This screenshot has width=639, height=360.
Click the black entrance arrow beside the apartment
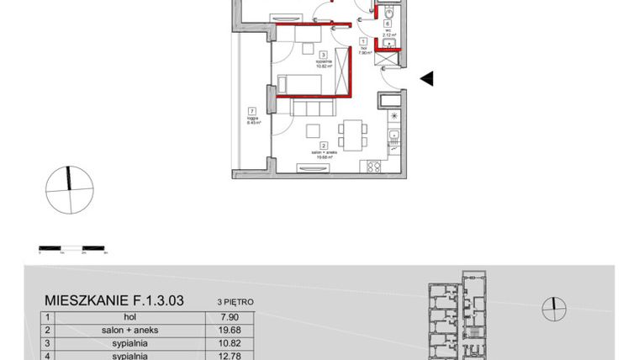pyautogui.click(x=427, y=79)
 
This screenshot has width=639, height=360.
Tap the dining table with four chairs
pyautogui.click(x=351, y=133)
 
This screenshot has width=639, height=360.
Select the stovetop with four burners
pyautogui.click(x=371, y=167)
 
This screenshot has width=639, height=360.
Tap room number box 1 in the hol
pyautogui.click(x=362, y=41)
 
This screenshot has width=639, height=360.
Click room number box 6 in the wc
pyautogui.click(x=388, y=24)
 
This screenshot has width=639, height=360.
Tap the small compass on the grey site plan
pyautogui.click(x=552, y=309)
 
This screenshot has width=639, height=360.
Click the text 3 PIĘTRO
pyautogui.click(x=235, y=300)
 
